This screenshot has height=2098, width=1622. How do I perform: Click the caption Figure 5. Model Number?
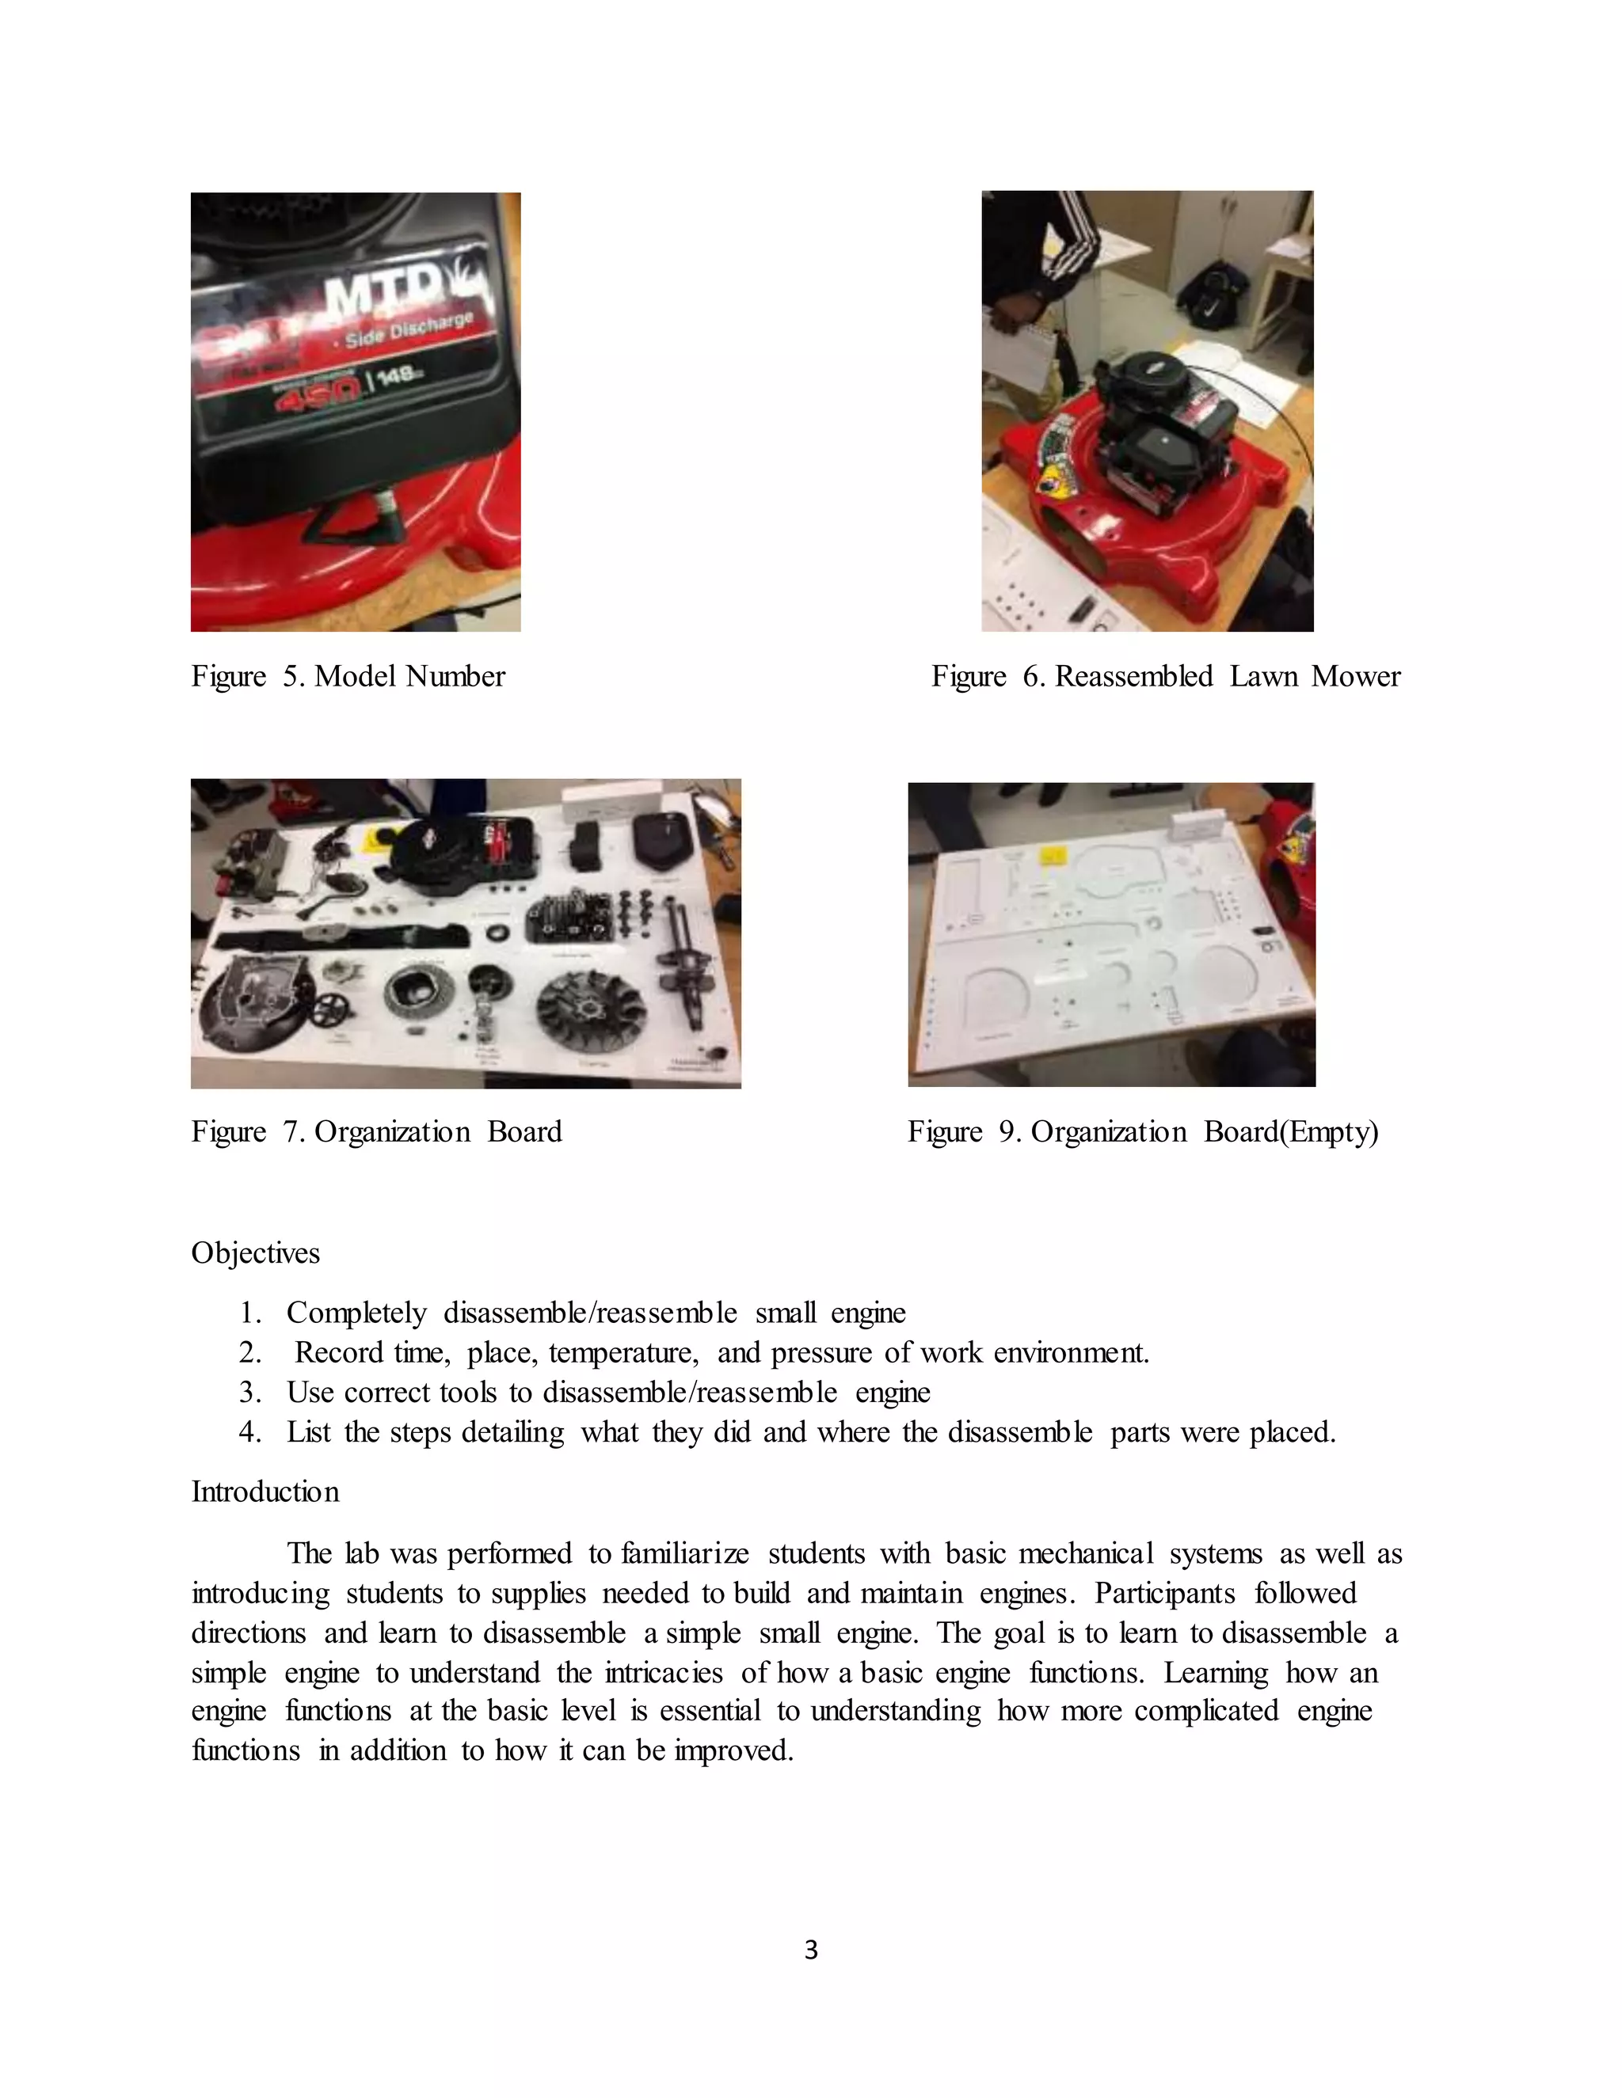pyautogui.click(x=348, y=676)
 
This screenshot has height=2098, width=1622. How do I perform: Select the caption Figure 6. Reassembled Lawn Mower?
pyautogui.click(x=1166, y=676)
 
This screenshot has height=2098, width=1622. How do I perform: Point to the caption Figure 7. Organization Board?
pyautogui.click(x=377, y=1131)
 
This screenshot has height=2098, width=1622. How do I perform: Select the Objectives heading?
pyautogui.click(x=256, y=1252)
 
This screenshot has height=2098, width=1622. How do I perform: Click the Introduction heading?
pyautogui.click(x=265, y=1492)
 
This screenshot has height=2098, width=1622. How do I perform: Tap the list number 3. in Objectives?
pyautogui.click(x=249, y=1392)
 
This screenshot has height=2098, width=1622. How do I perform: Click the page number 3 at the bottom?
pyautogui.click(x=811, y=1950)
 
